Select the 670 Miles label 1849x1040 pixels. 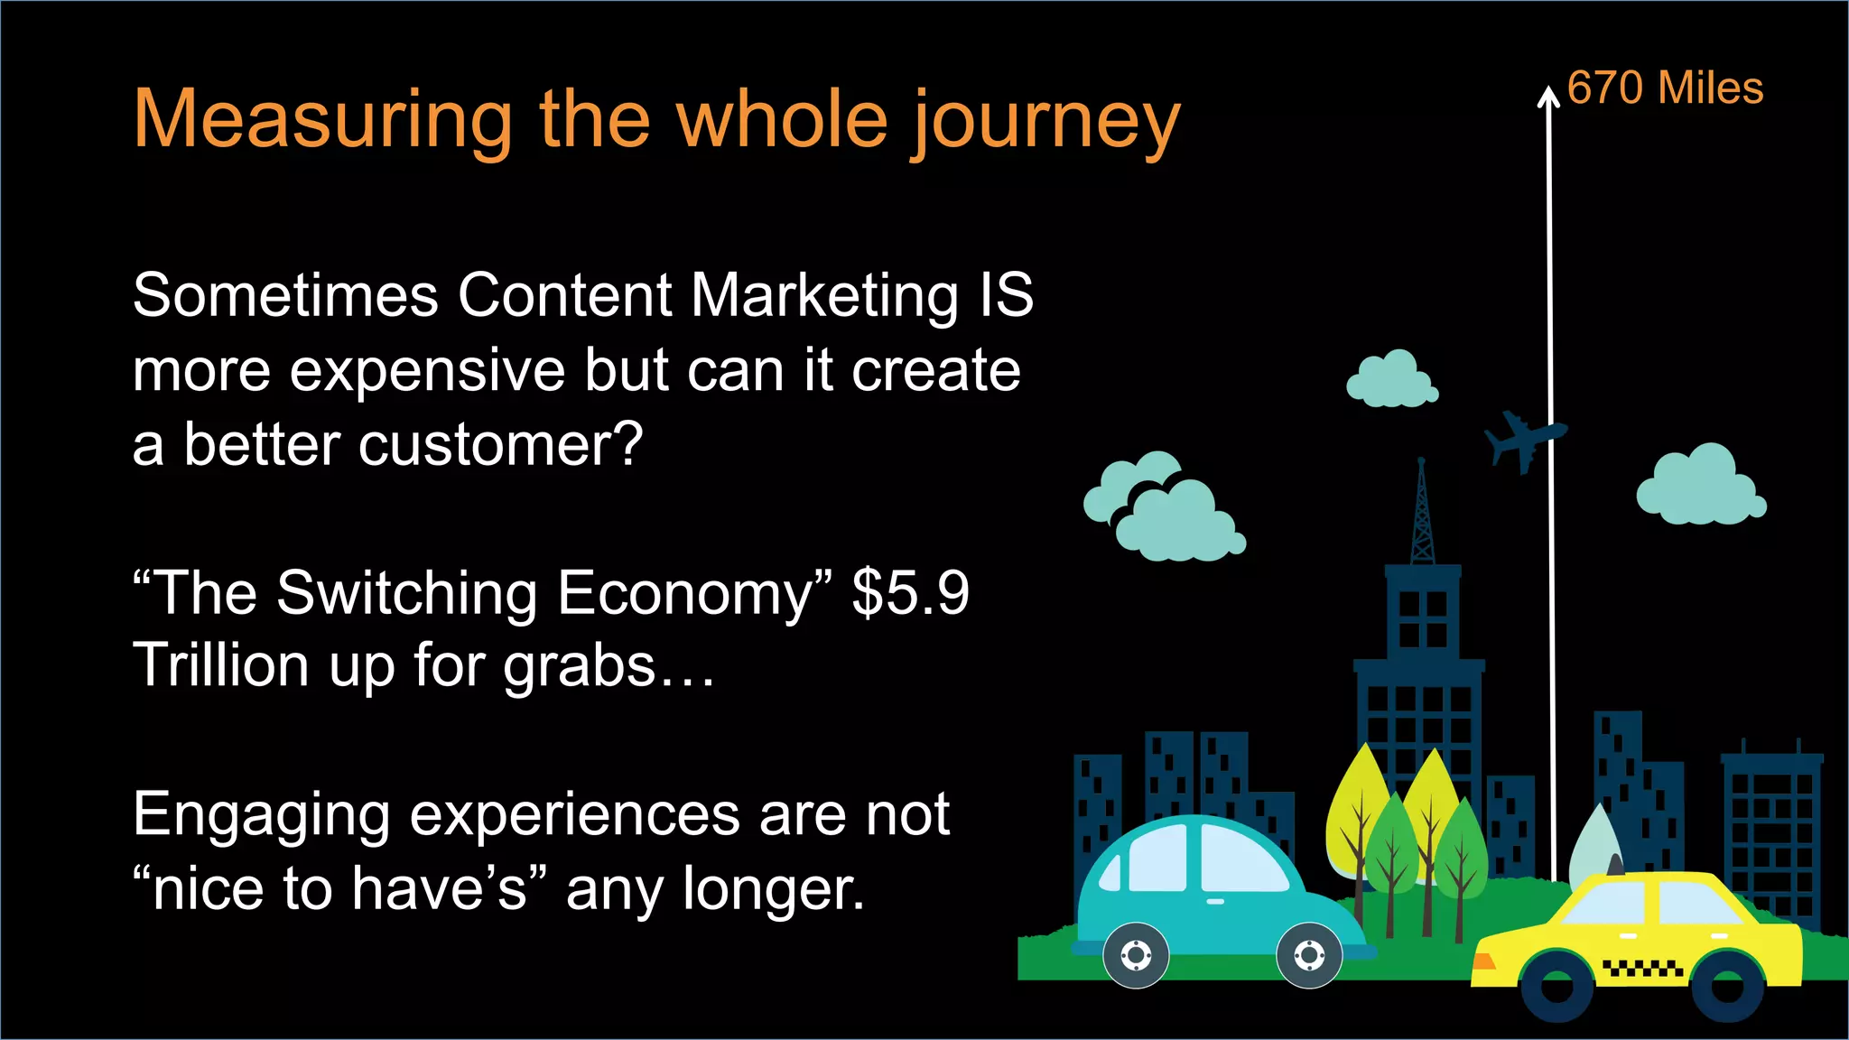click(x=1664, y=88)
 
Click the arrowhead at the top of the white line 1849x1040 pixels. click(x=1548, y=96)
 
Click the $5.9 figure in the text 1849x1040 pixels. click(x=910, y=593)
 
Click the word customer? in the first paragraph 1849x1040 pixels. click(x=500, y=445)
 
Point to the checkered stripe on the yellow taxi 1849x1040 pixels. click(x=1642, y=969)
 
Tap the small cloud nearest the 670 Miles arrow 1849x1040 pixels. click(x=1391, y=380)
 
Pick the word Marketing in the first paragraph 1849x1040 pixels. click(x=824, y=295)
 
